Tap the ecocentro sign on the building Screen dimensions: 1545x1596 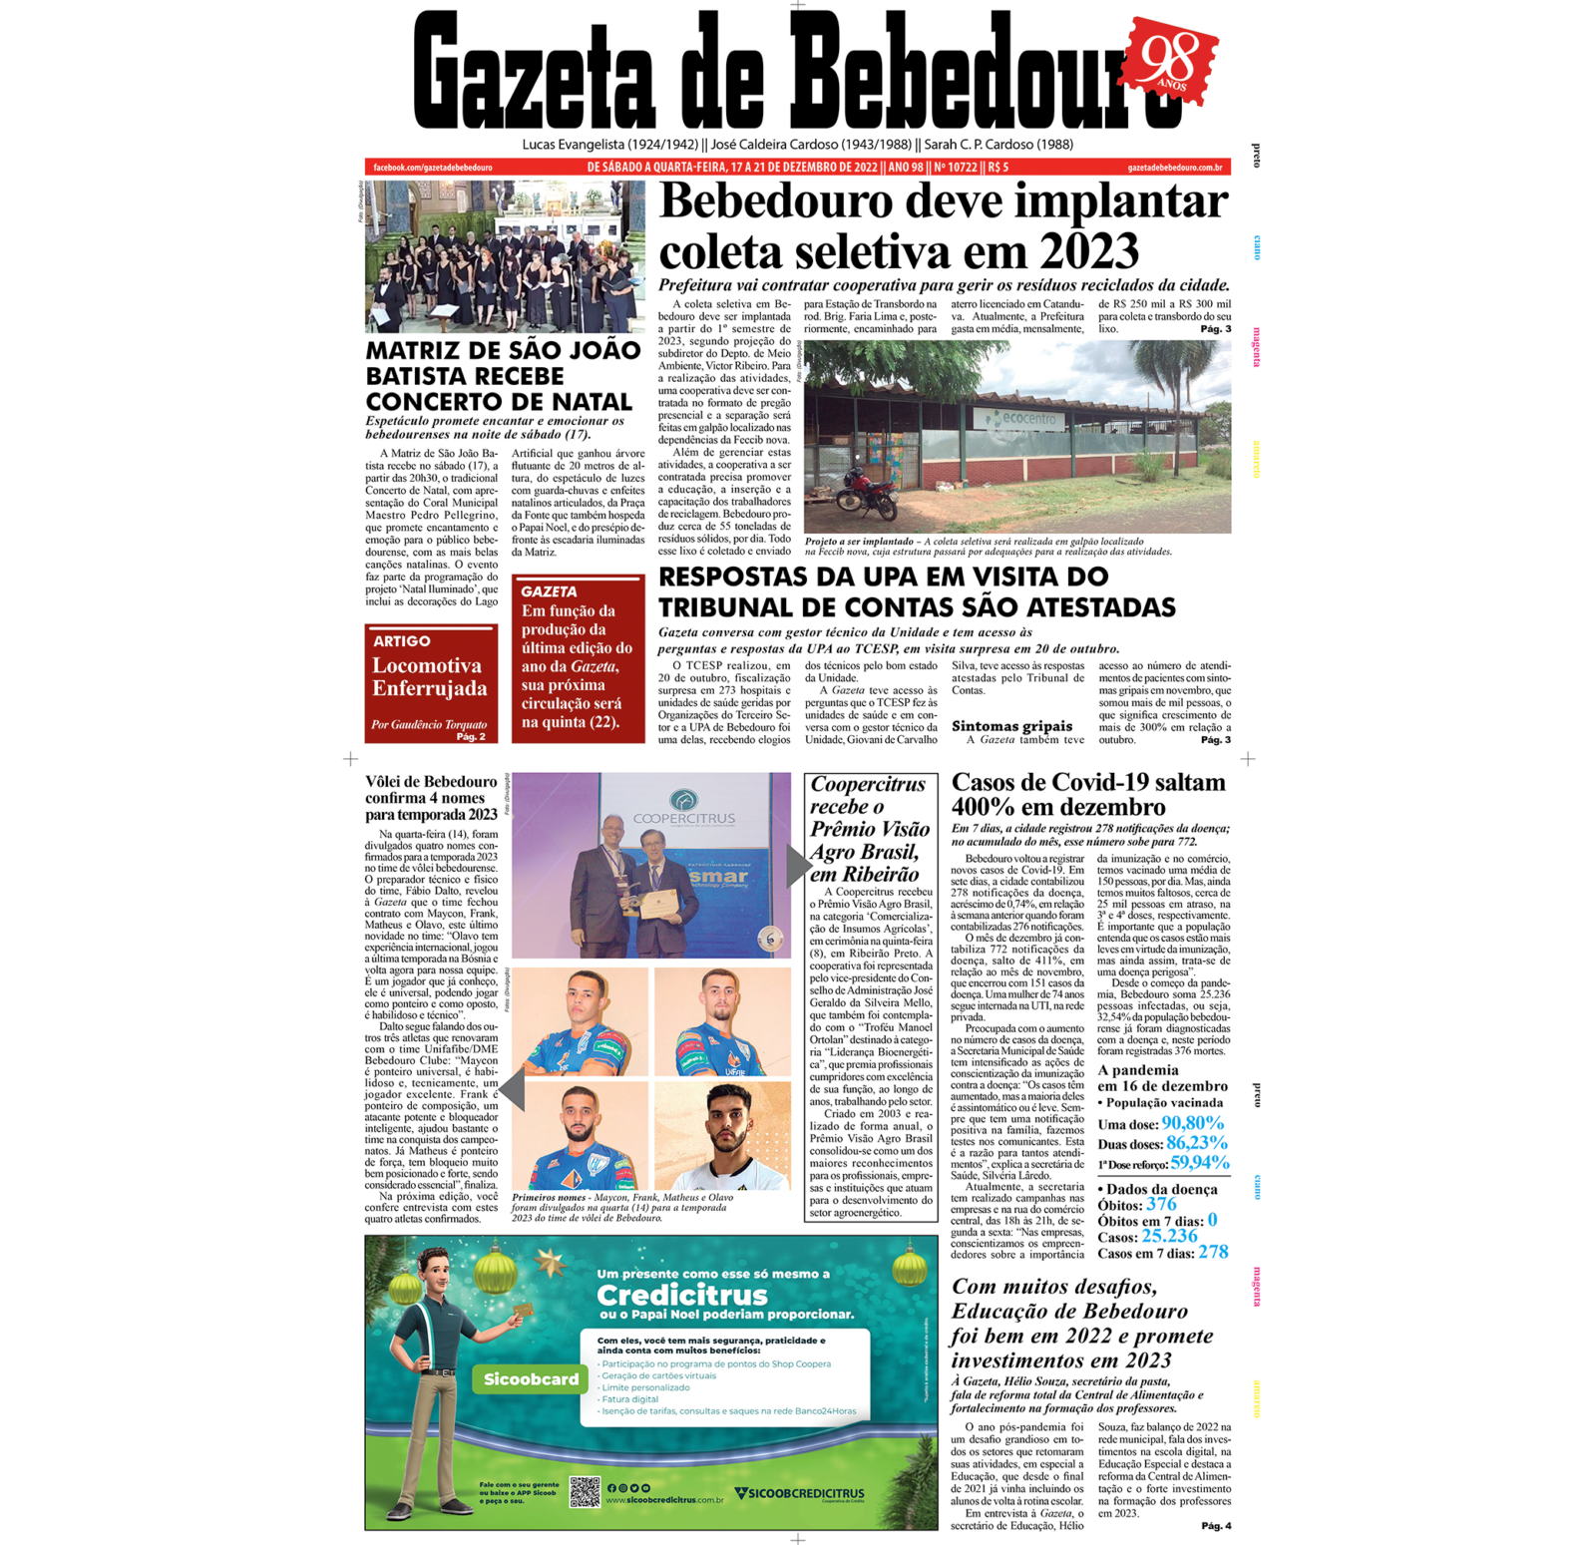(x=1027, y=419)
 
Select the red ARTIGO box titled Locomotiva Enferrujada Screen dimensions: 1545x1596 (x=431, y=683)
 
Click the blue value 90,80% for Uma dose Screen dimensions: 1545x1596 (x=1192, y=1123)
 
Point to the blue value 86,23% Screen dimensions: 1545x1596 (x=1197, y=1143)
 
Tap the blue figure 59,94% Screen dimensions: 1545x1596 (x=1200, y=1163)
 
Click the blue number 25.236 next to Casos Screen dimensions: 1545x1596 (x=1169, y=1237)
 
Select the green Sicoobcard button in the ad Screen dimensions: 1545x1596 (x=531, y=1379)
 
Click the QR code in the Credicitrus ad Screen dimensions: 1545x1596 (x=585, y=1492)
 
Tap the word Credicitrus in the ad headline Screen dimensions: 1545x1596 (x=682, y=1295)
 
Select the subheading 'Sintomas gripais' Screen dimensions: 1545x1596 (x=1011, y=726)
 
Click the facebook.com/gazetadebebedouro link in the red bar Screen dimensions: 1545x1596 (x=432, y=168)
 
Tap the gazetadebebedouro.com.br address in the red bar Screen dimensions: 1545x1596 (x=1174, y=168)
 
